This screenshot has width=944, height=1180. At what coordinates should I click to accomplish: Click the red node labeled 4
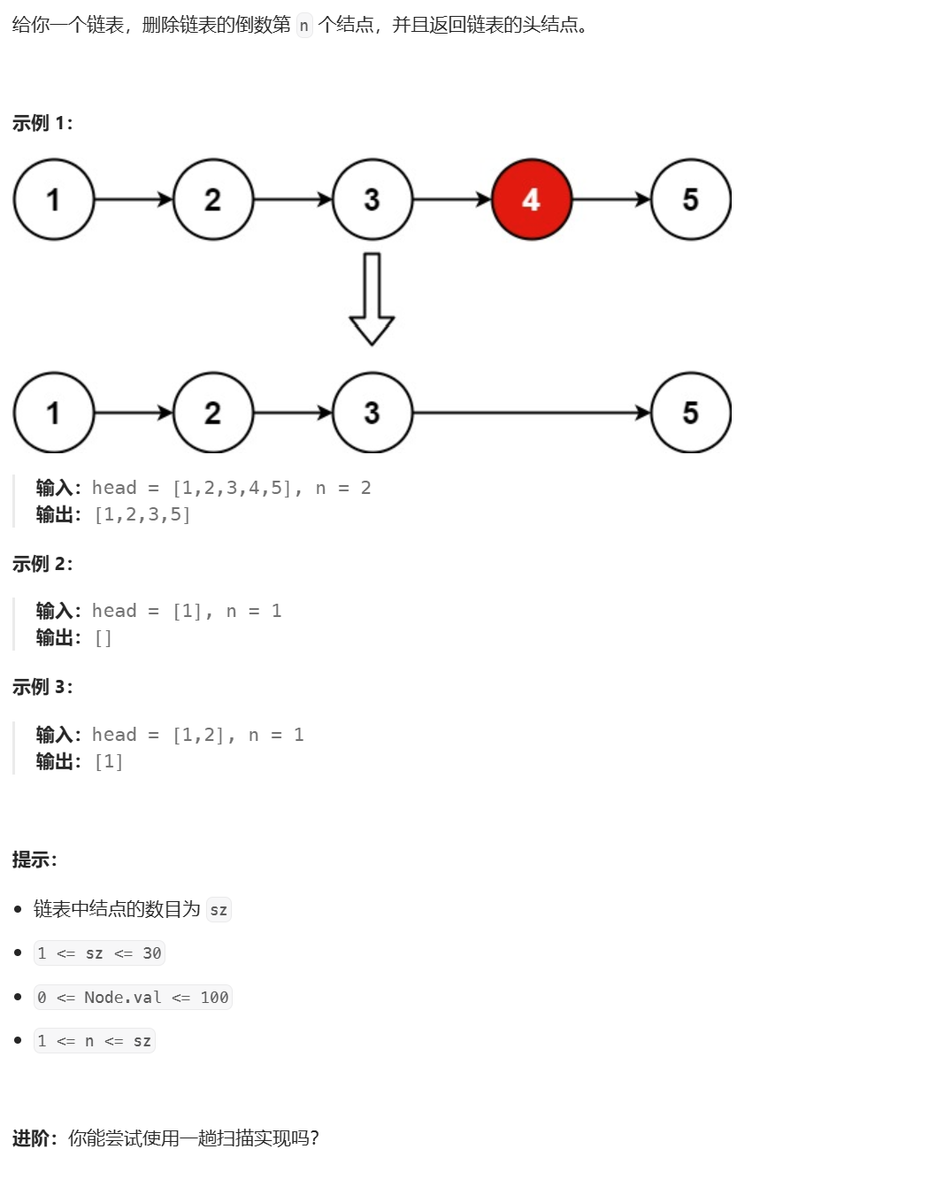pyautogui.click(x=531, y=199)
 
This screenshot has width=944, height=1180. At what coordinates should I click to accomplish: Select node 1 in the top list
pyautogui.click(x=53, y=199)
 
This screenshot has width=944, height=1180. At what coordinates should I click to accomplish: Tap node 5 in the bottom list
pyautogui.click(x=690, y=413)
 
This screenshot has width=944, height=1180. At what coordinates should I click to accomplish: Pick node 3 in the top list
pyautogui.click(x=372, y=199)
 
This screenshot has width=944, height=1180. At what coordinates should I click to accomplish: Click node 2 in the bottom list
pyautogui.click(x=212, y=413)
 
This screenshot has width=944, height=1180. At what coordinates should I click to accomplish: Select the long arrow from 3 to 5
pyautogui.click(x=531, y=413)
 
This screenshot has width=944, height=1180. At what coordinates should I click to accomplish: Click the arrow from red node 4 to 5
pyautogui.click(x=610, y=199)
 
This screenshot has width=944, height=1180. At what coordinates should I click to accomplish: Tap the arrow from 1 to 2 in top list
pyautogui.click(x=133, y=199)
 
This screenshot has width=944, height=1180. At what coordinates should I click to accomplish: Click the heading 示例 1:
pyautogui.click(x=42, y=123)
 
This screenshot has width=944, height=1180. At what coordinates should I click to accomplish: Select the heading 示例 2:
pyautogui.click(x=42, y=564)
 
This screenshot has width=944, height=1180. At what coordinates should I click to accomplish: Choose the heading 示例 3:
pyautogui.click(x=42, y=687)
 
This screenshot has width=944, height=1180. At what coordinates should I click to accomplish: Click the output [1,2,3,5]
pyautogui.click(x=142, y=514)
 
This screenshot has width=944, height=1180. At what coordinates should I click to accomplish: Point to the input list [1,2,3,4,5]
pyautogui.click(x=233, y=488)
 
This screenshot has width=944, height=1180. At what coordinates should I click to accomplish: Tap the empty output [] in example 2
pyautogui.click(x=104, y=637)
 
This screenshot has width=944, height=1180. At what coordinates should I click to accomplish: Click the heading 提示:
pyautogui.click(x=35, y=860)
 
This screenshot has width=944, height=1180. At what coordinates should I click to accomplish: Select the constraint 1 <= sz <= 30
pyautogui.click(x=99, y=953)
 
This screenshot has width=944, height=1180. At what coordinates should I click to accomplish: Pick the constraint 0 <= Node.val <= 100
pyautogui.click(x=133, y=998)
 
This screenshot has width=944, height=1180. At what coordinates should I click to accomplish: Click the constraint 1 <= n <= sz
pyautogui.click(x=94, y=1041)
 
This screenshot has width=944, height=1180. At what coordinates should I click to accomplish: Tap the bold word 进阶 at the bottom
pyautogui.click(x=31, y=1138)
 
